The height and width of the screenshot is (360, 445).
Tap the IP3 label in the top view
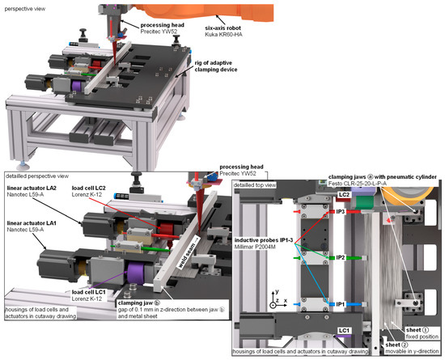[341, 211]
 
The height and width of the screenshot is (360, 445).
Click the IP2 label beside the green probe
[341, 257]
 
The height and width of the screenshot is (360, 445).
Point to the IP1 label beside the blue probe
[341, 304]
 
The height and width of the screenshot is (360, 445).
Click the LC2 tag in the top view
[344, 195]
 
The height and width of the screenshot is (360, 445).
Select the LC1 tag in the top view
[344, 331]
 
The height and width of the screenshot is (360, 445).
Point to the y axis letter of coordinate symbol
[278, 289]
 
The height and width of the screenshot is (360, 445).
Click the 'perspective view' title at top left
[28, 5]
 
